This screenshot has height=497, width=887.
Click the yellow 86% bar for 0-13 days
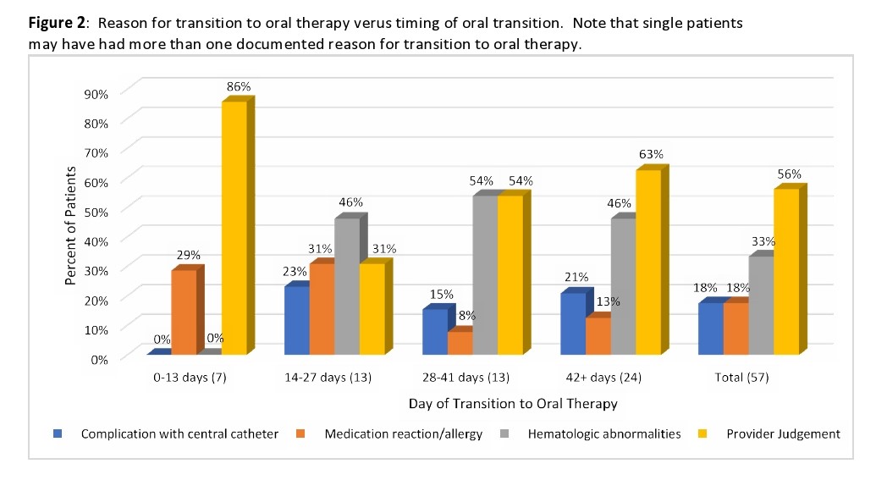click(234, 229)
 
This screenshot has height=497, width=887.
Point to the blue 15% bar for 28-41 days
click(434, 332)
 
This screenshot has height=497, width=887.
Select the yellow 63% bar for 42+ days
click(647, 262)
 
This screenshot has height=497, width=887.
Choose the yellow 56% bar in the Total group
click(785, 272)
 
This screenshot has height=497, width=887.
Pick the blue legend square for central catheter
click(58, 433)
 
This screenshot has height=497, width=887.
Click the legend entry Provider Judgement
click(783, 433)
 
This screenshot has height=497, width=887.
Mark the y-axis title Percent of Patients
click(71, 225)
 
